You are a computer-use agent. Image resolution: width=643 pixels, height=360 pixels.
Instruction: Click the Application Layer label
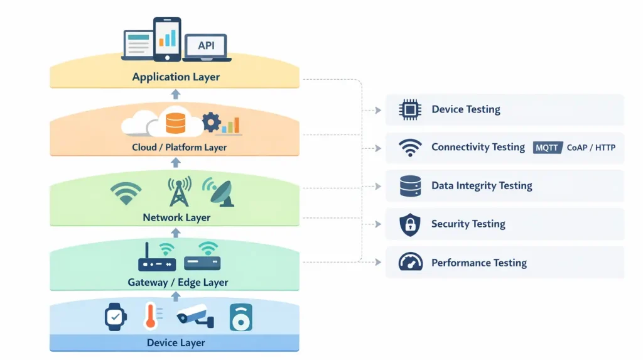[176, 77]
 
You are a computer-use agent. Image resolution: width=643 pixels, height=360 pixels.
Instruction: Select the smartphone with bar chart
[167, 39]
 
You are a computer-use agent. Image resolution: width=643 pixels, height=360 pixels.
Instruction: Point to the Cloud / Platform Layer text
[179, 148]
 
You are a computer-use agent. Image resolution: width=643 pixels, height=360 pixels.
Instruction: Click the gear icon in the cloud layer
[212, 122]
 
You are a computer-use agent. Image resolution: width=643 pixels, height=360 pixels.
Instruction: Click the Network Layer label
[176, 218]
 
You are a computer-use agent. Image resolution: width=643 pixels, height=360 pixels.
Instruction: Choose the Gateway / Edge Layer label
[178, 283]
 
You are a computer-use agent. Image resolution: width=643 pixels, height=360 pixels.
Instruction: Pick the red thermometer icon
[150, 316]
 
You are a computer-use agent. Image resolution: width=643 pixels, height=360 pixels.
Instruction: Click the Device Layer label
[176, 343]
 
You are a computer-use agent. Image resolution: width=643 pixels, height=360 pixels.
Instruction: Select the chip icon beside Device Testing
[410, 110]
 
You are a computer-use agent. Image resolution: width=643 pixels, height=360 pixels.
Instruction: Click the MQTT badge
[548, 148]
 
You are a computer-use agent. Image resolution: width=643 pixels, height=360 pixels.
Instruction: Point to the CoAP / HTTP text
[591, 148]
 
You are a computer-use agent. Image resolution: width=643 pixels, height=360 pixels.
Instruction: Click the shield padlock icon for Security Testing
[410, 224]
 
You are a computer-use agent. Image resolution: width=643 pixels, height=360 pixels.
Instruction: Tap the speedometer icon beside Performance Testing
[410, 263]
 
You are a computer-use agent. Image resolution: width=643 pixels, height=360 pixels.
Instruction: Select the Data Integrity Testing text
[482, 186]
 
